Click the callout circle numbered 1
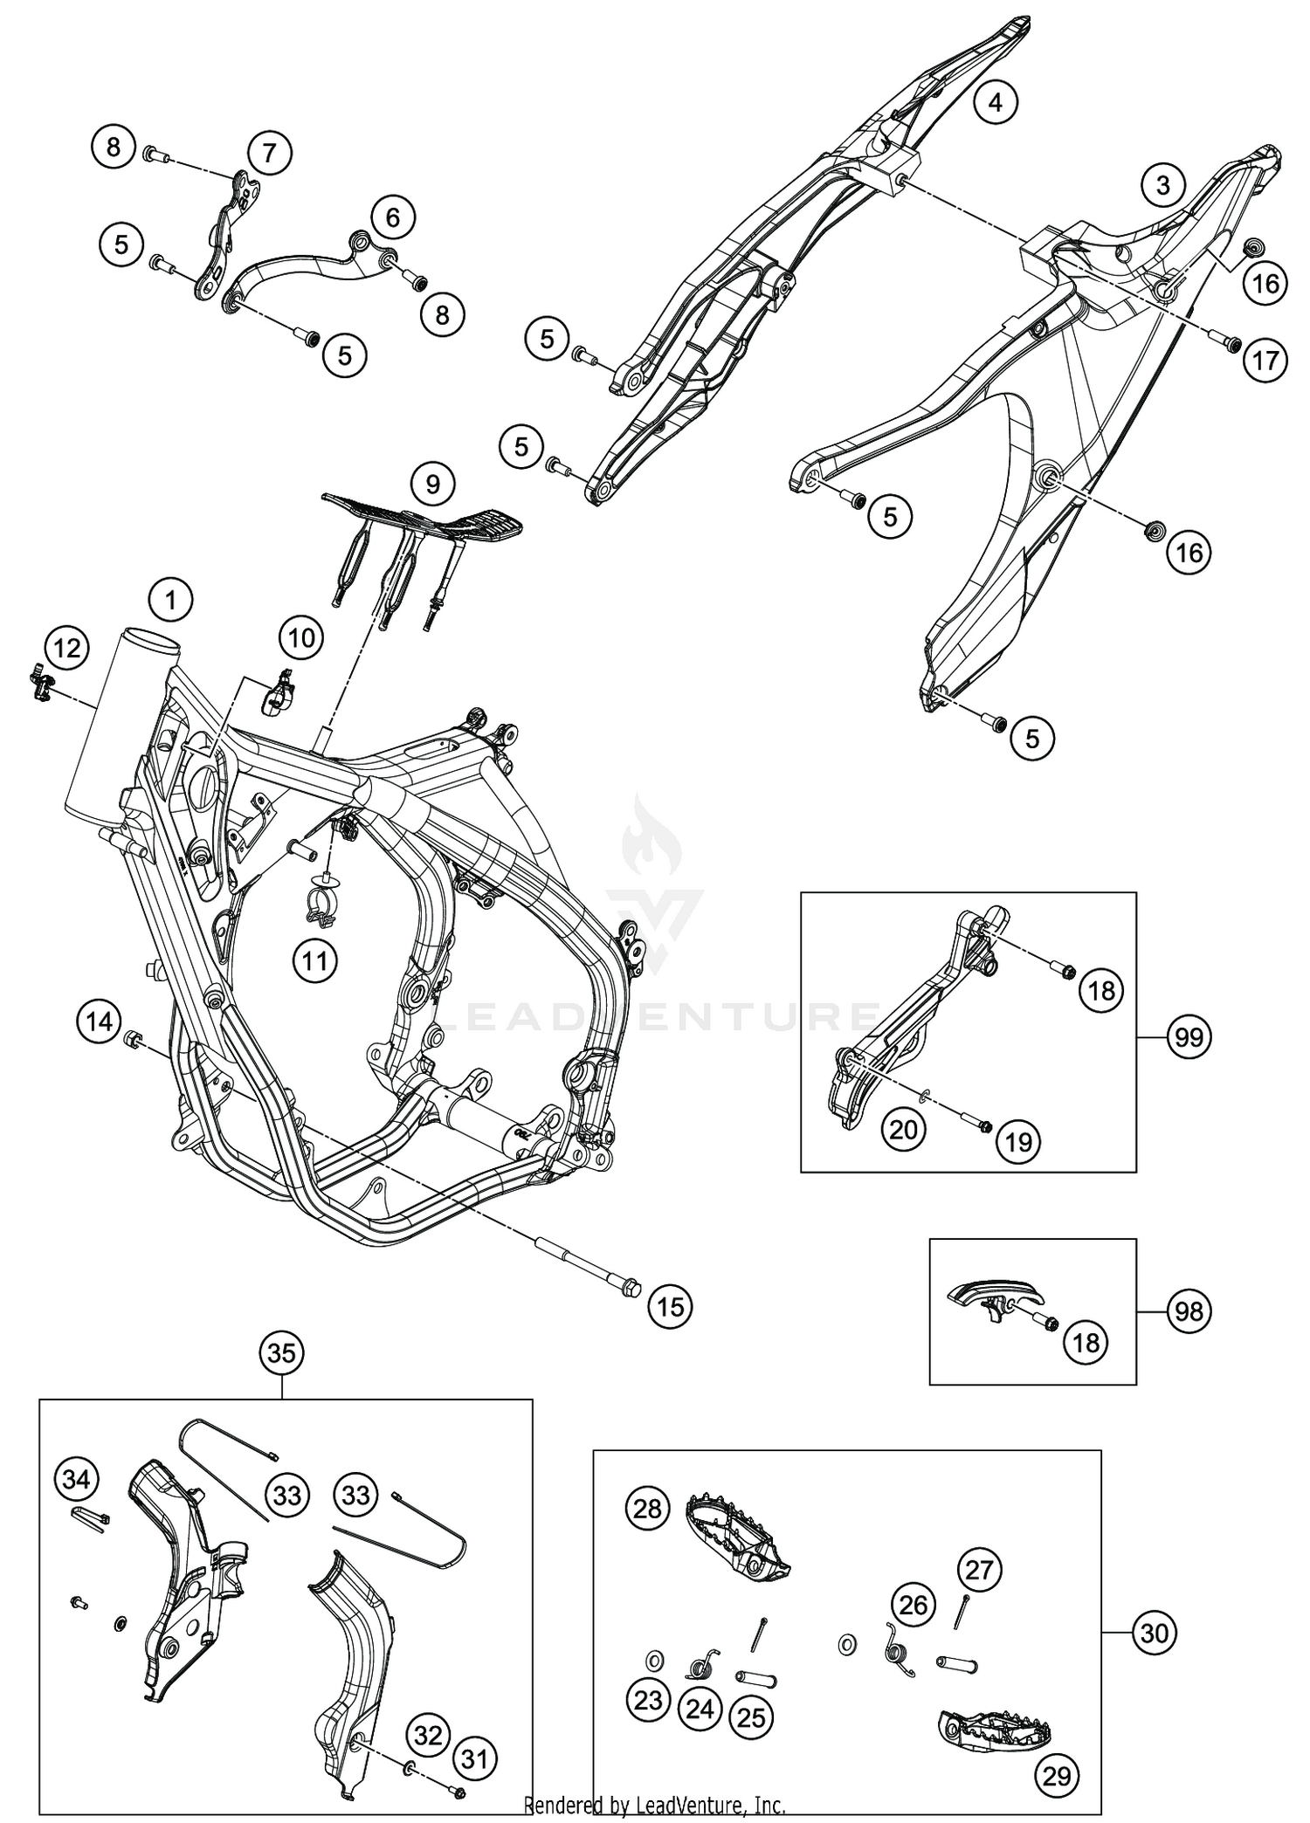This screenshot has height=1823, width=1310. click(170, 600)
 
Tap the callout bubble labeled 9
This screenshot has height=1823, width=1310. click(433, 483)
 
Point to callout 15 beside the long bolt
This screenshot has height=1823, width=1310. click(670, 1306)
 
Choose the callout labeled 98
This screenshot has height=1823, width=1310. click(1189, 1311)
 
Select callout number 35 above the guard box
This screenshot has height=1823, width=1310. click(281, 1354)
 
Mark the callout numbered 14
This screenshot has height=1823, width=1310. click(99, 1020)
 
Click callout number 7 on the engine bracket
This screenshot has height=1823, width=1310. click(269, 154)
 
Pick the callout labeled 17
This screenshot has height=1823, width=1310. click(1265, 360)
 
